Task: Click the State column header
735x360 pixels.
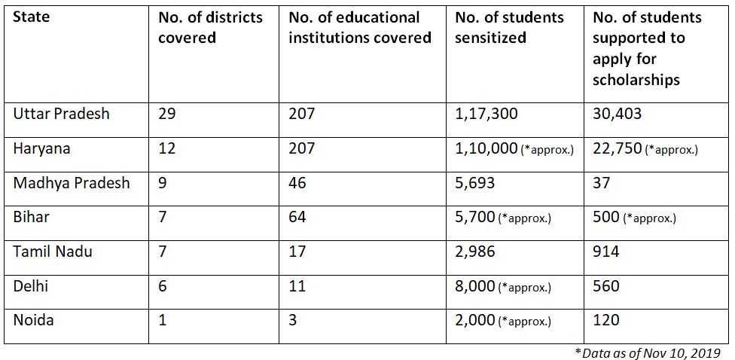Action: pyautogui.click(x=31, y=17)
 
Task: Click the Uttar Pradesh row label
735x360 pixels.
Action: pyautogui.click(x=61, y=114)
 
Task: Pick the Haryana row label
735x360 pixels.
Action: pyautogui.click(x=42, y=148)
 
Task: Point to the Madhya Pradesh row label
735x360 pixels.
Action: pyautogui.click(x=72, y=183)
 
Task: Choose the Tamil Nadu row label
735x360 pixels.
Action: pyautogui.click(x=53, y=252)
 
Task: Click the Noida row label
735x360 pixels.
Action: pyautogui.click(x=34, y=320)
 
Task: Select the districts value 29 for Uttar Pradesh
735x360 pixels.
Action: pyautogui.click(x=166, y=114)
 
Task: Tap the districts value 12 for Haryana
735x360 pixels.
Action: pyautogui.click(x=166, y=148)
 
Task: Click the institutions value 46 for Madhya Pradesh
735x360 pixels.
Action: pyautogui.click(x=297, y=183)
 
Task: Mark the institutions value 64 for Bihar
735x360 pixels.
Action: pyautogui.click(x=297, y=218)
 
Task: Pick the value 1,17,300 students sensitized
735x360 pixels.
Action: pyautogui.click(x=486, y=114)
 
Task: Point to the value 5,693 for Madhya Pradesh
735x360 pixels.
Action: pyautogui.click(x=474, y=183)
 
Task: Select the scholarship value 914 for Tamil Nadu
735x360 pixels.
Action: pyautogui.click(x=606, y=252)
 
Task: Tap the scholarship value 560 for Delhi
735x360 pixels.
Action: pyautogui.click(x=606, y=286)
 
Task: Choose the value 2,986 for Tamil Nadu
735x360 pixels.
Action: pyautogui.click(x=474, y=252)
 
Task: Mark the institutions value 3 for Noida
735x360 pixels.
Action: pyautogui.click(x=293, y=320)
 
